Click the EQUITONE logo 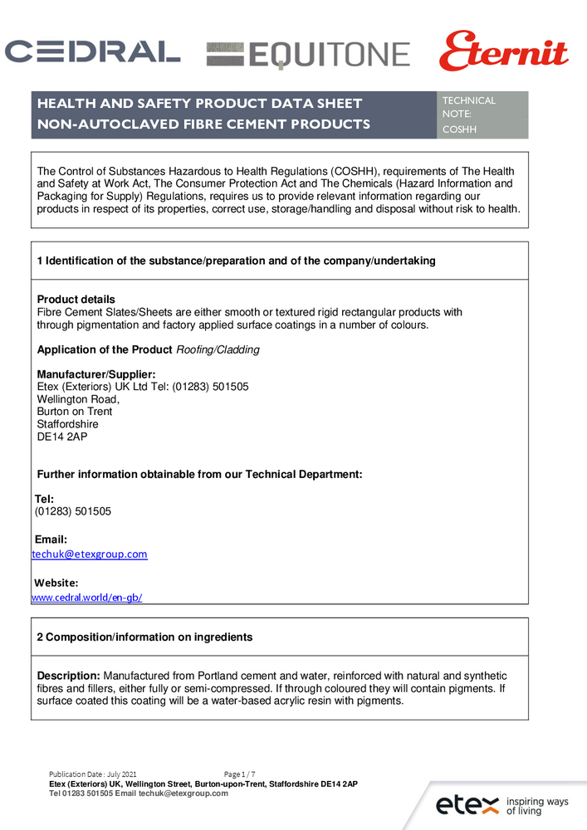click(x=308, y=55)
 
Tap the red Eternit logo click(x=503, y=51)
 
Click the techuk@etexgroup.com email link click(x=90, y=554)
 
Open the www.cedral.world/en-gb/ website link click(x=86, y=598)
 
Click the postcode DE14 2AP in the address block click(x=62, y=437)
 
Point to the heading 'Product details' click(x=76, y=300)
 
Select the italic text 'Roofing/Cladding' click(x=218, y=349)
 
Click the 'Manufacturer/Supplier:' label click(x=96, y=374)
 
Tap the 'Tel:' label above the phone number click(x=44, y=499)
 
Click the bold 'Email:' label click(x=51, y=539)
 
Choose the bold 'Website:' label click(x=56, y=583)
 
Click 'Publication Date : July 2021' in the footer click(x=93, y=774)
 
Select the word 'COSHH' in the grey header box click(x=460, y=129)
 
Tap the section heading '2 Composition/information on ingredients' click(x=144, y=637)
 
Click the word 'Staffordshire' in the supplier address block click(x=67, y=424)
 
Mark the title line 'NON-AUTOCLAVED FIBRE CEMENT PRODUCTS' click(x=203, y=124)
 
